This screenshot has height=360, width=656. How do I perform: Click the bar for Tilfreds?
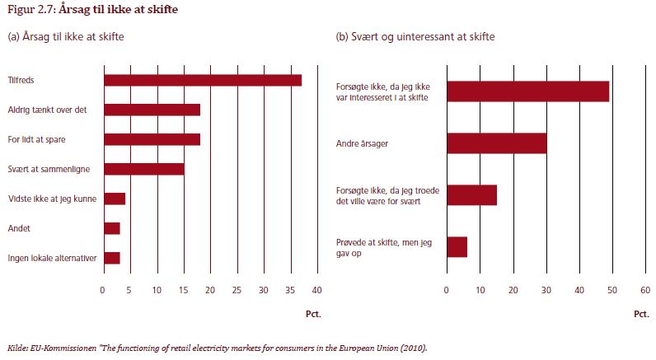(x=202, y=80)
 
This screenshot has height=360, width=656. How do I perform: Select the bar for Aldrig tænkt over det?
(x=152, y=110)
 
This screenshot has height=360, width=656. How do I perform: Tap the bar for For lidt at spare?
(x=152, y=139)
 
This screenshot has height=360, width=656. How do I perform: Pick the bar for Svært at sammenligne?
(x=143, y=169)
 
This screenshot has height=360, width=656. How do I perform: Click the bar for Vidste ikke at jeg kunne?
(x=115, y=199)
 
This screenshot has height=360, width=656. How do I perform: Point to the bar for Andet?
(x=112, y=228)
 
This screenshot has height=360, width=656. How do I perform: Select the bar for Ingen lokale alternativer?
(x=112, y=258)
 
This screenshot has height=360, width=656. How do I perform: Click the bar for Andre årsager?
(x=497, y=143)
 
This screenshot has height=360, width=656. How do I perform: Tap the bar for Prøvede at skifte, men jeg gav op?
(x=457, y=246)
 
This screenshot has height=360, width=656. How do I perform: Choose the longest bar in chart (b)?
(x=528, y=91)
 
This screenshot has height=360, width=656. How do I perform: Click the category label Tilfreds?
(x=21, y=80)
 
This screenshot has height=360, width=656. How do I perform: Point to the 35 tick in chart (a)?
(x=290, y=291)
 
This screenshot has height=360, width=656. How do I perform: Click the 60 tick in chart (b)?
(x=645, y=291)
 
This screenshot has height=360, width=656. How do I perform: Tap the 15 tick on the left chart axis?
(x=183, y=291)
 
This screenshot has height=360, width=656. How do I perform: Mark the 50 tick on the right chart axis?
(x=612, y=291)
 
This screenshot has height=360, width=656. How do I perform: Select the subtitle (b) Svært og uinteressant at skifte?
(x=415, y=37)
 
